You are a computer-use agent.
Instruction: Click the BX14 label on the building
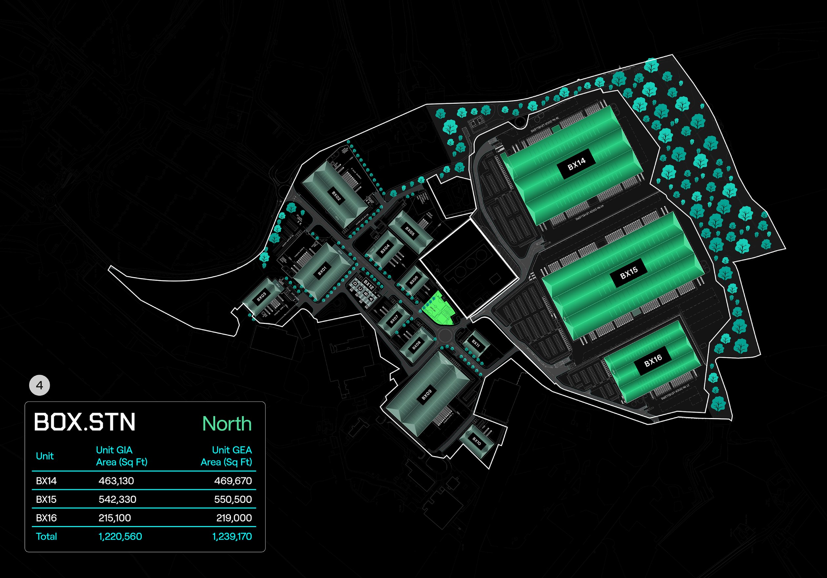tap(576, 164)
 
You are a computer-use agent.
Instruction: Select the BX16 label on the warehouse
tap(653, 360)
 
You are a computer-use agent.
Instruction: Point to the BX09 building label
tap(426, 395)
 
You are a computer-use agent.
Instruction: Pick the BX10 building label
tap(477, 441)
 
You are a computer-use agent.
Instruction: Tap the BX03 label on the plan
tap(261, 297)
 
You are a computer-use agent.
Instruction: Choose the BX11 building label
tap(476, 343)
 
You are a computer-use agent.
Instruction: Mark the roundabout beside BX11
tap(447, 336)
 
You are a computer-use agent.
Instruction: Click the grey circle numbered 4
tap(39, 386)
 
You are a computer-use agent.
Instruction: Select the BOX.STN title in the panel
tap(85, 422)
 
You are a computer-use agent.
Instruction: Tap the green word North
tap(227, 424)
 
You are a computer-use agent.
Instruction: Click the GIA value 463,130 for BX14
tap(116, 481)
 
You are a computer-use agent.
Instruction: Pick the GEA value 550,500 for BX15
tap(233, 500)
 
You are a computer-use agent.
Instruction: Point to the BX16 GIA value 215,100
tap(114, 518)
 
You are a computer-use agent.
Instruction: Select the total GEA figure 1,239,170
tap(232, 537)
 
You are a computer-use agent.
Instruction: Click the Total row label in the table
tap(47, 537)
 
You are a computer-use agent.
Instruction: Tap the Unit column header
tap(45, 456)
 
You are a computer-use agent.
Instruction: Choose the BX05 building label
tap(410, 231)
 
